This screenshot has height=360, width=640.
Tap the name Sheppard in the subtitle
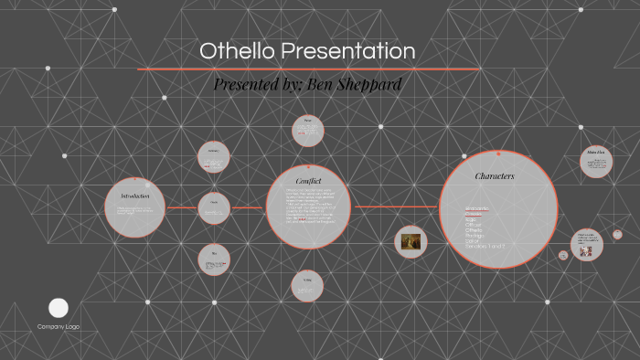(372, 85)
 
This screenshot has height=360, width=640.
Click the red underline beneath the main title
(308, 69)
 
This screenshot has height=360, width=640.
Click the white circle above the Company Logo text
(59, 307)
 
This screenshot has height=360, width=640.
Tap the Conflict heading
(308, 180)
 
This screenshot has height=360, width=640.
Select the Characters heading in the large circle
(494, 175)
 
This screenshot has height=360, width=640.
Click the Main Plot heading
(595, 152)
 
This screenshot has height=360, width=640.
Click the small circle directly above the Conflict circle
(308, 131)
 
